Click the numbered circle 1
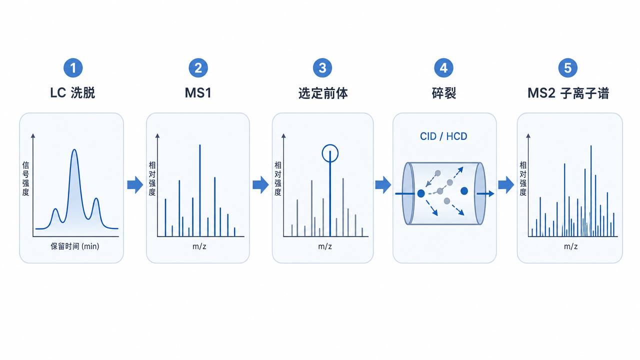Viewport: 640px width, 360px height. click(73, 68)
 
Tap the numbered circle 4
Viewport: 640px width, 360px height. click(443, 68)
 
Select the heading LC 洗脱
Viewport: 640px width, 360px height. click(72, 93)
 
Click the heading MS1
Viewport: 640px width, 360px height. click(198, 93)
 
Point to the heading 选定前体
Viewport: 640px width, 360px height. click(323, 93)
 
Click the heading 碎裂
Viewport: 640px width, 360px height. click(443, 93)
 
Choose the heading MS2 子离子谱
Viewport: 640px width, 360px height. click(568, 93)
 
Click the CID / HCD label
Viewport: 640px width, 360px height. click(443, 136)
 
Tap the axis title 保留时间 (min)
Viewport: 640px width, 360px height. click(75, 246)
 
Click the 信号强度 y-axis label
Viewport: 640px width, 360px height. click(25, 178)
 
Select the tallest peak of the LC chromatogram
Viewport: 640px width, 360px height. click(74, 149)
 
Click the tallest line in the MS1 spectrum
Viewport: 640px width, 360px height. click(200, 190)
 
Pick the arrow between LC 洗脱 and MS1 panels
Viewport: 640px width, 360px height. click(135, 185)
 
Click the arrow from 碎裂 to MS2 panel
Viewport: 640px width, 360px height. click(506, 185)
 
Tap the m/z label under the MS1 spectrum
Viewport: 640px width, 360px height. click(199, 246)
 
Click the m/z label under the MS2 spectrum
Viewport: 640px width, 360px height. click(570, 246)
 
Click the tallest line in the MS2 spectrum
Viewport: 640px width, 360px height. click(591, 191)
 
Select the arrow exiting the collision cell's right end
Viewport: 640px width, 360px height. click(485, 193)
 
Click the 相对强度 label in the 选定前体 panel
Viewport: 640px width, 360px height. click(277, 178)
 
